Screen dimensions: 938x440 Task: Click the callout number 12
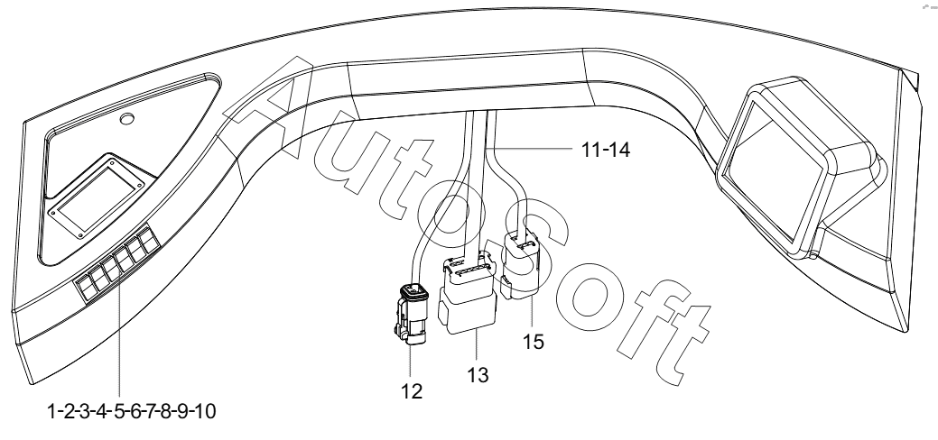click(413, 391)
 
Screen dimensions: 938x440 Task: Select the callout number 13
click(478, 375)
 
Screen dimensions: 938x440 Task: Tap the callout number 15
click(533, 342)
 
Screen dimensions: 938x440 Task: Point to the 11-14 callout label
click(606, 150)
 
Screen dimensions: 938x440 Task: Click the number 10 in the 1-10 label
click(204, 411)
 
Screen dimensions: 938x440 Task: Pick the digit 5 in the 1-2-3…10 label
click(119, 411)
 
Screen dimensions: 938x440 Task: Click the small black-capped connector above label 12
click(410, 314)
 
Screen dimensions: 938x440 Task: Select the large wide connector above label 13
click(468, 294)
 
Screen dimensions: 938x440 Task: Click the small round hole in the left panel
click(126, 118)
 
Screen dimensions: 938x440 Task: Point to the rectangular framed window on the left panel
click(97, 197)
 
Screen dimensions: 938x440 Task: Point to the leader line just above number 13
click(477, 349)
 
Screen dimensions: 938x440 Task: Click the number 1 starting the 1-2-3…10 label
click(51, 411)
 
